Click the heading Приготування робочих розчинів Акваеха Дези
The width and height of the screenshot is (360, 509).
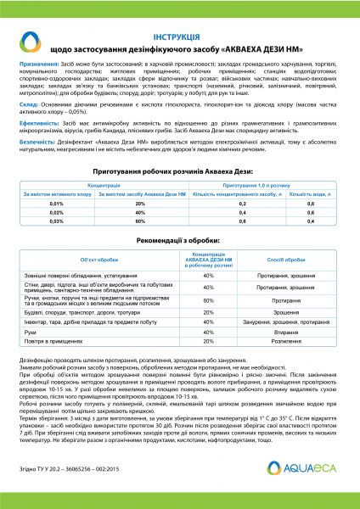tap(179, 194)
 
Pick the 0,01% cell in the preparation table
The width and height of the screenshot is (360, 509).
tap(57, 228)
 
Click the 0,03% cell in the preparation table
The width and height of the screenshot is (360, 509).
tap(57, 244)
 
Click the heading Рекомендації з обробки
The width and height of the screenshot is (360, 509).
tap(179, 264)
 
